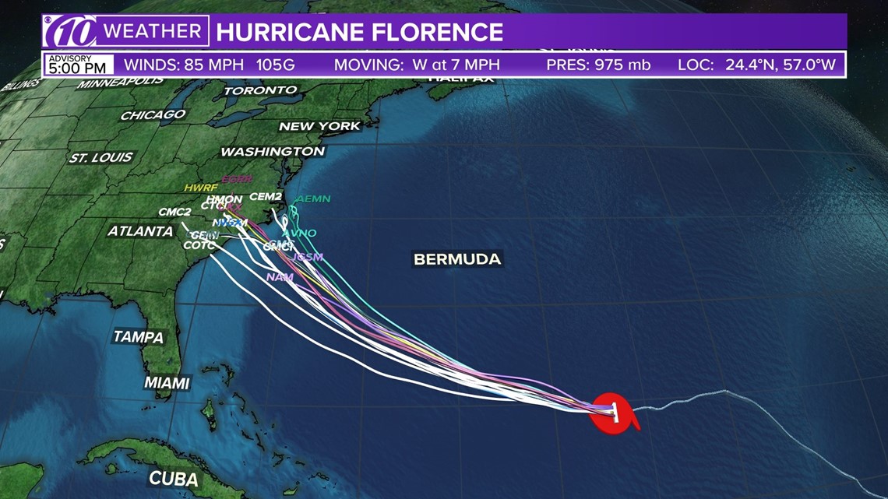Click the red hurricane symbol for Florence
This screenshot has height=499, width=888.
[x=614, y=413]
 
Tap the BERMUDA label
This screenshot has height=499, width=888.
[x=457, y=259]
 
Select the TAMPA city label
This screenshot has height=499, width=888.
[x=139, y=337]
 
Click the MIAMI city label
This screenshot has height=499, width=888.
[x=167, y=383]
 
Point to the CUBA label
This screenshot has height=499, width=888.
[x=173, y=478]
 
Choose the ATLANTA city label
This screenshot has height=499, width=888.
[x=140, y=231]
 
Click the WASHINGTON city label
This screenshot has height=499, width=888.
[x=273, y=151]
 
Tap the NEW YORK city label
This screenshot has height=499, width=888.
[x=319, y=126]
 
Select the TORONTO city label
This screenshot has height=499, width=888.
[x=260, y=90]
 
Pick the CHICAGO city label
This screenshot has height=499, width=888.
[x=153, y=115]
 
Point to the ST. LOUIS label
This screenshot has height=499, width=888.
[x=101, y=157]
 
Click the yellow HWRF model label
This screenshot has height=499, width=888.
[x=201, y=188]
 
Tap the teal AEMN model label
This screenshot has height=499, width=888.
[x=313, y=199]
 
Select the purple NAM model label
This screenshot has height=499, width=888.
[x=280, y=277]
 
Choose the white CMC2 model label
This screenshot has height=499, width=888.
[x=174, y=212]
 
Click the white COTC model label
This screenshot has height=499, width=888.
[x=199, y=246]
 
